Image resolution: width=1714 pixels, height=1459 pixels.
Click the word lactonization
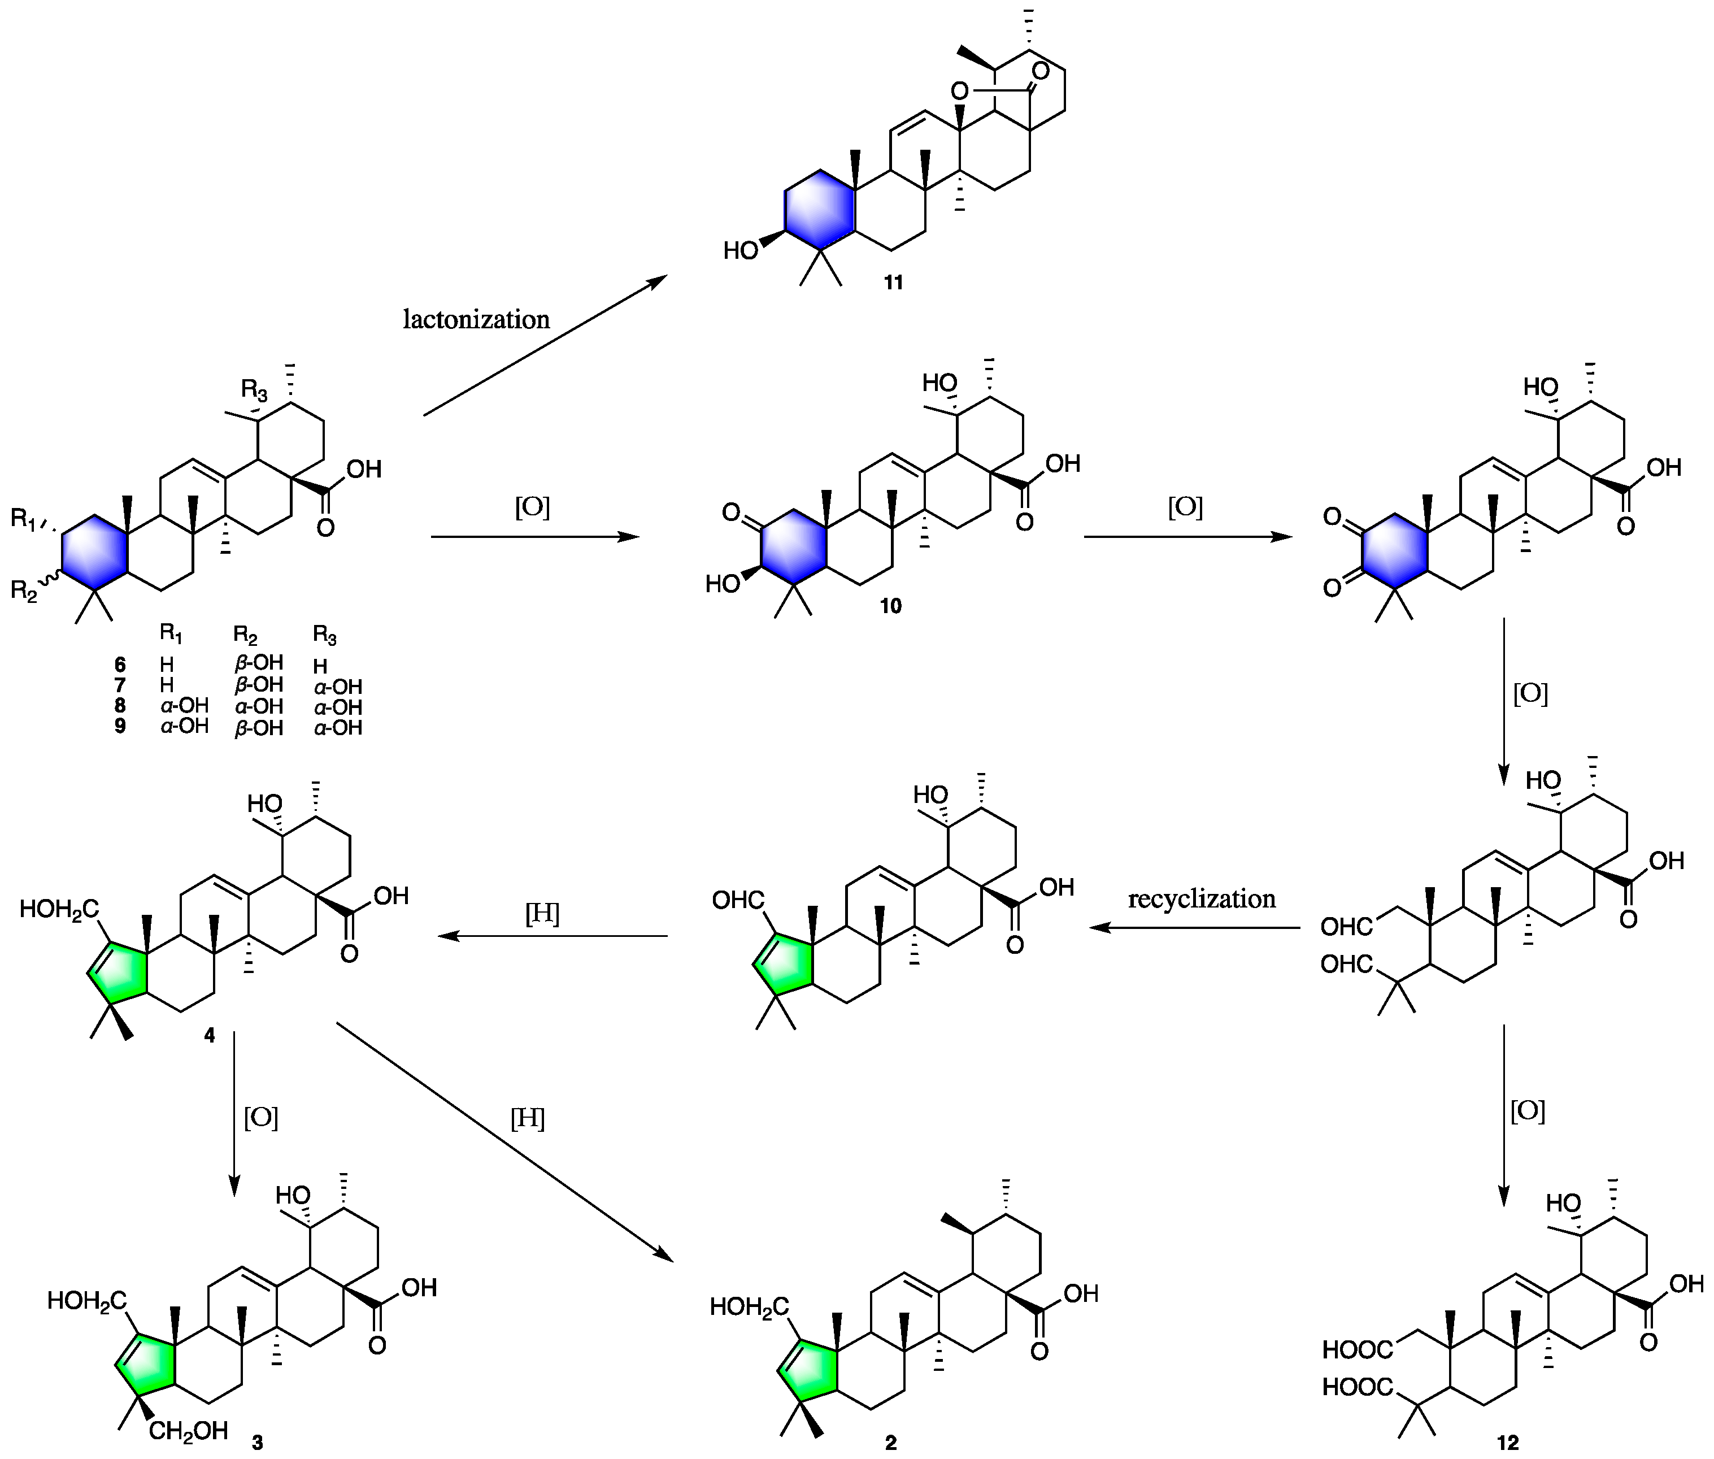click(476, 319)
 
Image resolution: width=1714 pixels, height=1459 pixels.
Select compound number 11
click(893, 283)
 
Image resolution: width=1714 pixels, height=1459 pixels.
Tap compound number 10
click(890, 606)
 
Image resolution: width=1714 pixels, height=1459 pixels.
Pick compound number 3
click(257, 1443)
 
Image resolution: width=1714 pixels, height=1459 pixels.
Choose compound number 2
click(890, 1443)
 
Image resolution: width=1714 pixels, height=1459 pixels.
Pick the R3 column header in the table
click(325, 635)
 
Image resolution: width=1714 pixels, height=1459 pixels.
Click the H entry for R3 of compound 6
click(321, 666)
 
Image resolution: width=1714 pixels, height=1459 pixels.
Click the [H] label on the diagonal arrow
click(528, 1119)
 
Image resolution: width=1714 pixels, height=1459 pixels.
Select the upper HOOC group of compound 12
click(1357, 1350)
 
